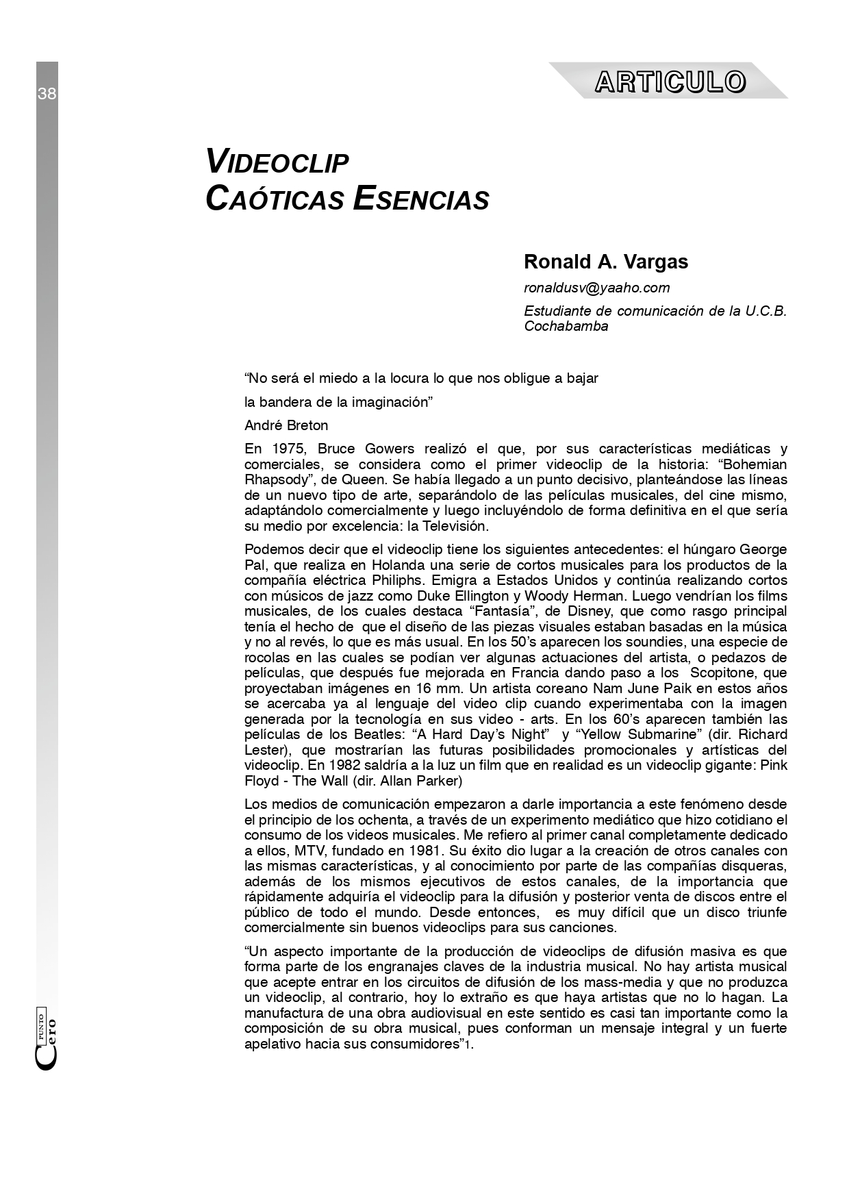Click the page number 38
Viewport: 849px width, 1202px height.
pos(47,94)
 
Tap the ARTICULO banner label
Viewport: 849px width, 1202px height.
pos(670,82)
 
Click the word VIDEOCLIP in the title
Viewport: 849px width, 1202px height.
pos(277,162)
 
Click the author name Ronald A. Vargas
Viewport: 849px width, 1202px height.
pos(606,262)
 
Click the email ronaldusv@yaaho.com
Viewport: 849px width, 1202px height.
pos(596,288)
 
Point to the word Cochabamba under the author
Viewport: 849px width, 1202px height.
pos(566,326)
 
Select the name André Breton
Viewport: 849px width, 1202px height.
pos(286,425)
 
